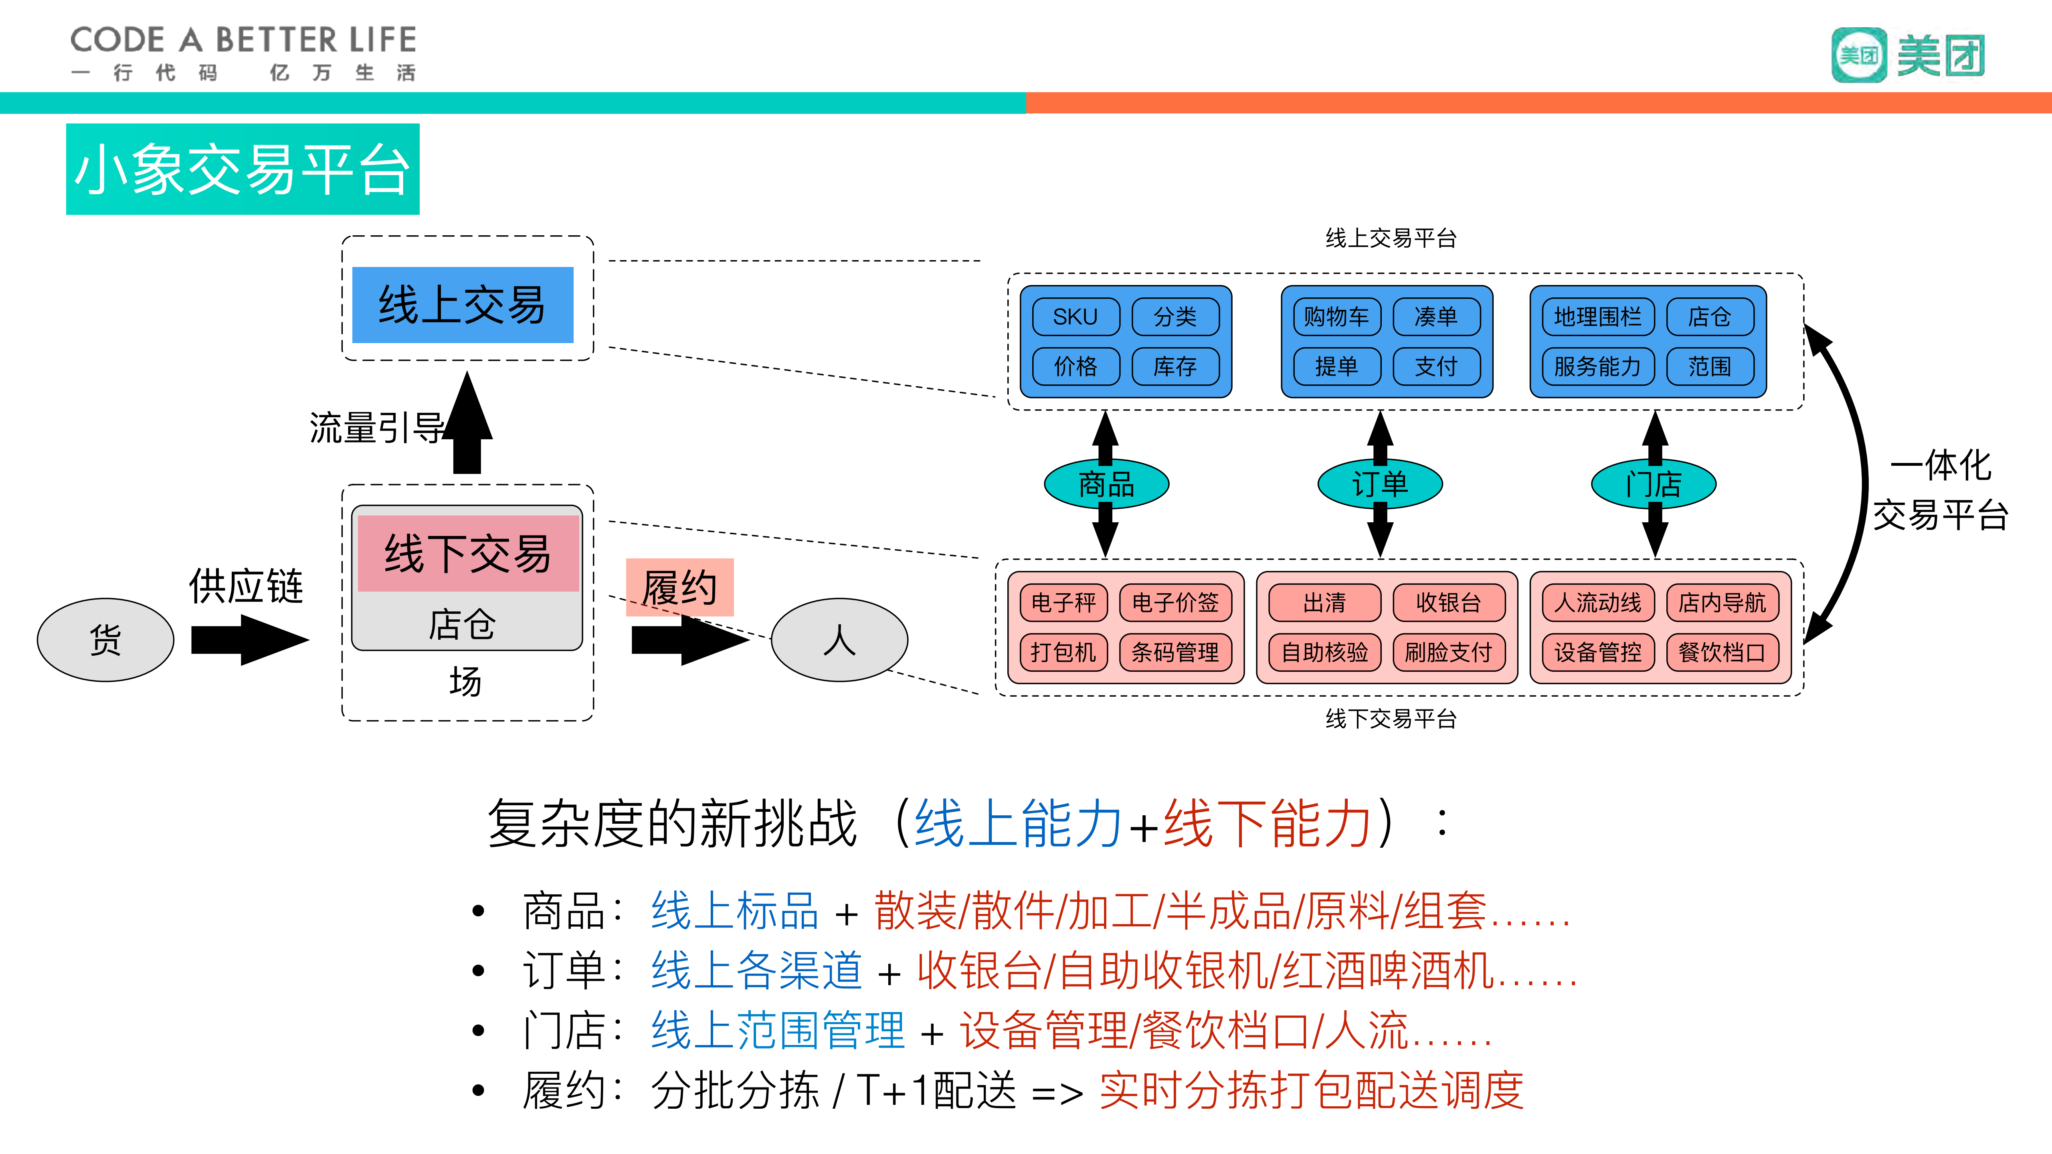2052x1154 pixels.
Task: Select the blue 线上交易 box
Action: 462,305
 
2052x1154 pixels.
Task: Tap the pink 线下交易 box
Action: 467,554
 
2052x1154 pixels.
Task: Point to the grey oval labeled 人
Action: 839,639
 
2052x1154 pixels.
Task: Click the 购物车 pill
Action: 1336,317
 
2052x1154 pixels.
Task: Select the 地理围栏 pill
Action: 1597,317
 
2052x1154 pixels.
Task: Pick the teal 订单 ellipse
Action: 1380,484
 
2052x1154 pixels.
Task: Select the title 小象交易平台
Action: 242,170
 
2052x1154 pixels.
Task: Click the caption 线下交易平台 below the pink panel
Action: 1391,719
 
